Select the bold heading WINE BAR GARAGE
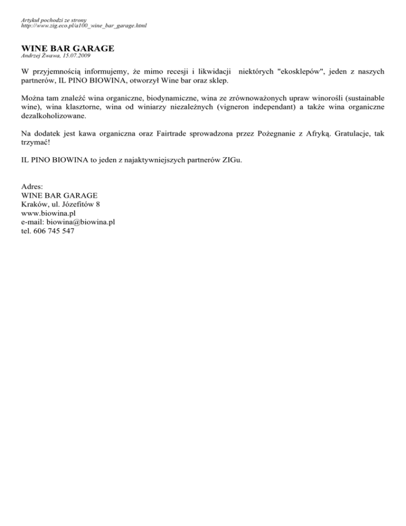click(68, 48)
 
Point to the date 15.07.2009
click(77, 55)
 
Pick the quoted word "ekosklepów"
click(304, 70)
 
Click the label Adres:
click(32, 187)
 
